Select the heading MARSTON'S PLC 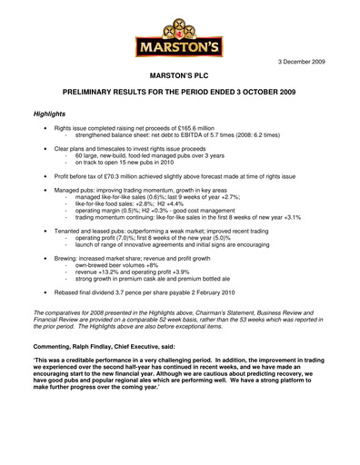(x=179, y=80)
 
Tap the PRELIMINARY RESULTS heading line (x=180, y=94)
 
